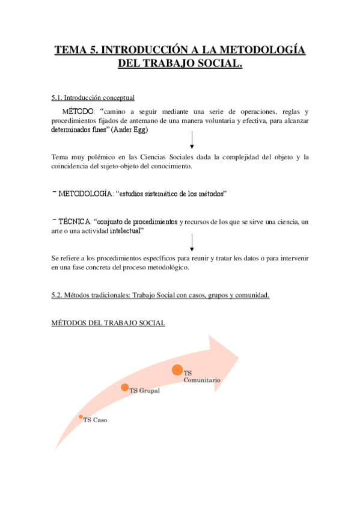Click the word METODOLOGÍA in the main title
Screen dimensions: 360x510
tap(263, 50)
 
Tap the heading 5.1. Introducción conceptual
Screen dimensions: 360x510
tap(93, 97)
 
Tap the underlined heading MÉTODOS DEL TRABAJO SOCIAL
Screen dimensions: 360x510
tap(108, 323)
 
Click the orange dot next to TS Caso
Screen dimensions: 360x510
tap(81, 417)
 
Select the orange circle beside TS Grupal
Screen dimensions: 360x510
tap(125, 387)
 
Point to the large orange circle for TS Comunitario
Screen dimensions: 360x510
tap(177, 370)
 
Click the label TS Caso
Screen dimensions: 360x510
tap(96, 420)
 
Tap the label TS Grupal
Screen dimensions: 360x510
tap(144, 390)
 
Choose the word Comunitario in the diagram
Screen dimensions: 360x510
tap(202, 381)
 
